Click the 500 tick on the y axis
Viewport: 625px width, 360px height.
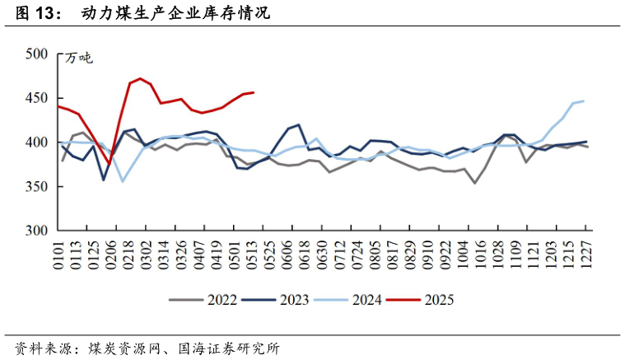point(39,54)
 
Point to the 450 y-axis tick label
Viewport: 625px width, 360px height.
point(39,98)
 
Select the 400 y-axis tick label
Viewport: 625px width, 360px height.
point(39,143)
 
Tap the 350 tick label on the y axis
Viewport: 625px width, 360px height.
point(39,187)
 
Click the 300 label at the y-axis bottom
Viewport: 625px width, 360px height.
point(39,231)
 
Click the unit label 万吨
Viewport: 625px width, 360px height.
point(81,58)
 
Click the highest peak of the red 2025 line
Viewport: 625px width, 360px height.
point(141,78)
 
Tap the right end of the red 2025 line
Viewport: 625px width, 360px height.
point(254,92)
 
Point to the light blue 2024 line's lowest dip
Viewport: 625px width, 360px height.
point(123,181)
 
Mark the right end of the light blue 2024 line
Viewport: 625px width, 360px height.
point(584,101)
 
